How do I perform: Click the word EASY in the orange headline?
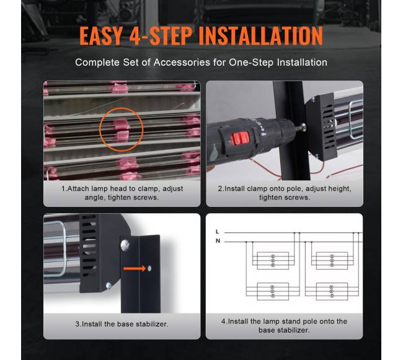click(x=101, y=35)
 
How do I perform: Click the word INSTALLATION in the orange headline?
click(x=260, y=35)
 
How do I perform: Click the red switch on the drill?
click(x=240, y=138)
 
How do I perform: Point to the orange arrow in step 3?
click(x=135, y=269)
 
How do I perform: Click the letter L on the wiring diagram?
click(x=217, y=232)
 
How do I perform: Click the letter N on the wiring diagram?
click(x=218, y=241)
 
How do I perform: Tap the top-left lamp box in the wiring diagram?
click(x=273, y=261)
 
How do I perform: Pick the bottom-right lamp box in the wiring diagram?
click(x=332, y=291)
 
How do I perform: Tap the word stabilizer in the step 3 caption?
click(x=152, y=324)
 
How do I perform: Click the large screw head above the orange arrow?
click(x=125, y=245)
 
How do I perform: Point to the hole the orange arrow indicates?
click(x=149, y=268)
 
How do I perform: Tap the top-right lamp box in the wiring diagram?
click(x=332, y=261)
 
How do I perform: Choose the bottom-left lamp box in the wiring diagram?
click(x=273, y=291)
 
